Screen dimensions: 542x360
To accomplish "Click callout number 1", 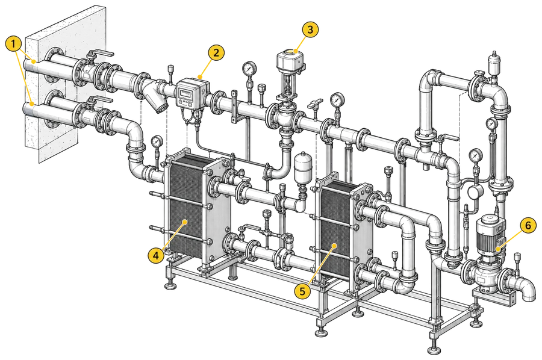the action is click(x=13, y=44).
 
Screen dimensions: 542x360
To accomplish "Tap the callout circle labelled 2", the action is click(x=216, y=53).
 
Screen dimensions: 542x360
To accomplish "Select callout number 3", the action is click(x=310, y=29).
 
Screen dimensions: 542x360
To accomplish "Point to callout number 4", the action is click(x=156, y=256).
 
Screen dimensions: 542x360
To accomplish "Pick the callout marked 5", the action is click(x=302, y=291).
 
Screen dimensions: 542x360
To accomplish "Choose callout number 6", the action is click(x=528, y=226).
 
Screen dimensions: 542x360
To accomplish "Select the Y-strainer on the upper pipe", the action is click(x=157, y=98).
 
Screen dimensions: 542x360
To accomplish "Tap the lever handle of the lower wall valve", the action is click(x=101, y=100).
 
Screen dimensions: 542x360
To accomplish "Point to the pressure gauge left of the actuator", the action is click(x=249, y=69).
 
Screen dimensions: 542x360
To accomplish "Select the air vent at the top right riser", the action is click(x=493, y=64).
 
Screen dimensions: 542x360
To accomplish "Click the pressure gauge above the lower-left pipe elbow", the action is click(x=157, y=141).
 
